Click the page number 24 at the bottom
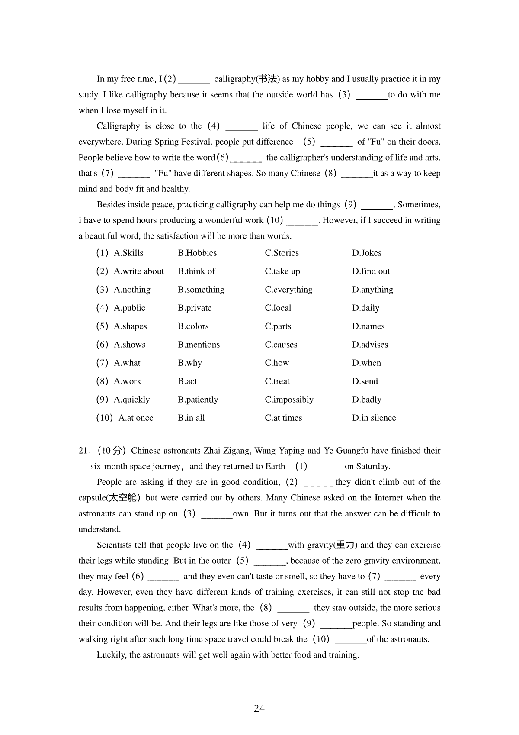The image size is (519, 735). click(x=259, y=709)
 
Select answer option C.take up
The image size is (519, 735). click(x=282, y=271)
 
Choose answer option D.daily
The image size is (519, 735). click(x=365, y=308)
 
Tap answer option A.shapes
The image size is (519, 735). click(x=130, y=326)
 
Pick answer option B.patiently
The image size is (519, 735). click(x=198, y=400)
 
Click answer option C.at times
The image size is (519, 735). click(x=283, y=418)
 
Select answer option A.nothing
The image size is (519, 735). click(x=132, y=290)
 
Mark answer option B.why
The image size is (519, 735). click(x=189, y=363)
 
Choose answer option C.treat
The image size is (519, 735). click(x=277, y=381)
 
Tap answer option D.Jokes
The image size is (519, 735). click(x=367, y=253)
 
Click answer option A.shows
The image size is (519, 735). click(x=129, y=345)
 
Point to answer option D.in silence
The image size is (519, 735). click(x=374, y=418)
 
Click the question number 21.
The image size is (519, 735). click(x=83, y=451)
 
